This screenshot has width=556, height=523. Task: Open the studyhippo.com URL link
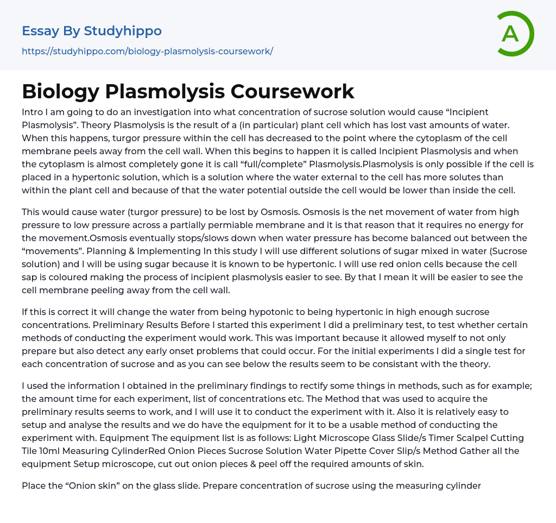(x=147, y=52)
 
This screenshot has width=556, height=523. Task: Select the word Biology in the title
(x=60, y=91)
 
